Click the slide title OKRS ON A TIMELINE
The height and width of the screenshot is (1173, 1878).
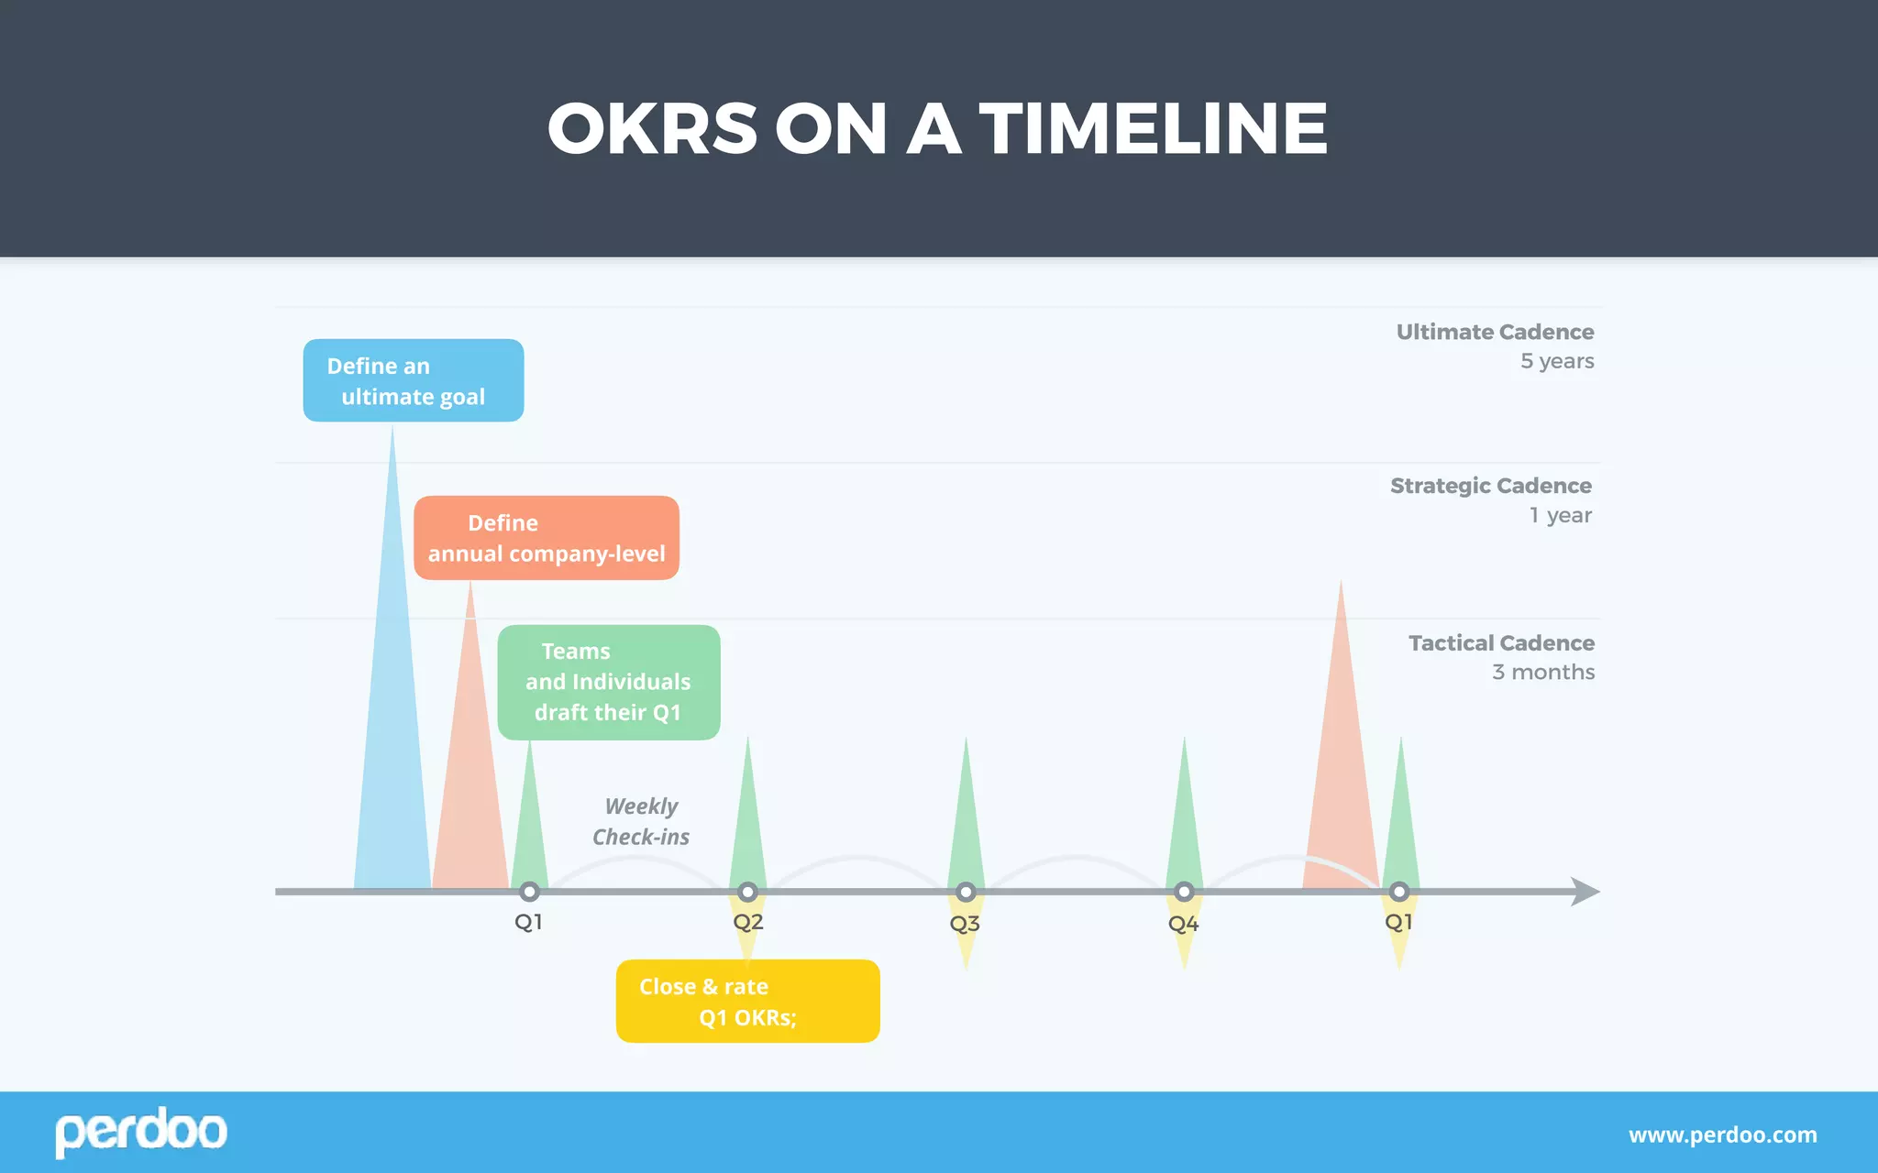click(x=937, y=128)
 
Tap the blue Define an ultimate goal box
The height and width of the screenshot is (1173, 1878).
click(x=414, y=380)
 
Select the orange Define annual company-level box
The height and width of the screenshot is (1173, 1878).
click(x=547, y=538)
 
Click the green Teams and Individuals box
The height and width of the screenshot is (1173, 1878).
click(x=609, y=682)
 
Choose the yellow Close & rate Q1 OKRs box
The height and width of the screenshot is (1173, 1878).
click(x=747, y=1001)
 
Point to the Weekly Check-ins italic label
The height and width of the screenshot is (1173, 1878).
click(x=641, y=821)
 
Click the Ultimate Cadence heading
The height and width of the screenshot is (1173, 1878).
click(x=1495, y=332)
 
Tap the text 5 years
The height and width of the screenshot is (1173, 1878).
click(x=1557, y=361)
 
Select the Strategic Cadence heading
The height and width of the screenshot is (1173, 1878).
click(x=1490, y=486)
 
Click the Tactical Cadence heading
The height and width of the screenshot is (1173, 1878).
click(x=1501, y=643)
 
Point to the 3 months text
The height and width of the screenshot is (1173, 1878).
click(x=1543, y=673)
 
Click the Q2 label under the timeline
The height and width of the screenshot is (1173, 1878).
click(x=748, y=922)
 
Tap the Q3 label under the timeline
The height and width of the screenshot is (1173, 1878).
click(x=965, y=924)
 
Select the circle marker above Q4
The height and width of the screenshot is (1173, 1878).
click(x=1184, y=892)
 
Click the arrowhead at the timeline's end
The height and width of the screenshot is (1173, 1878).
click(x=1585, y=892)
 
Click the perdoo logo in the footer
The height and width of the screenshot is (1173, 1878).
click(x=141, y=1132)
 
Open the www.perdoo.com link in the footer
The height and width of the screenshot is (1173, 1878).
click(x=1722, y=1135)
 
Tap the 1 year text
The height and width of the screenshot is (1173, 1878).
click(x=1560, y=515)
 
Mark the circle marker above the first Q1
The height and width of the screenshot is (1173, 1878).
click(x=529, y=892)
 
